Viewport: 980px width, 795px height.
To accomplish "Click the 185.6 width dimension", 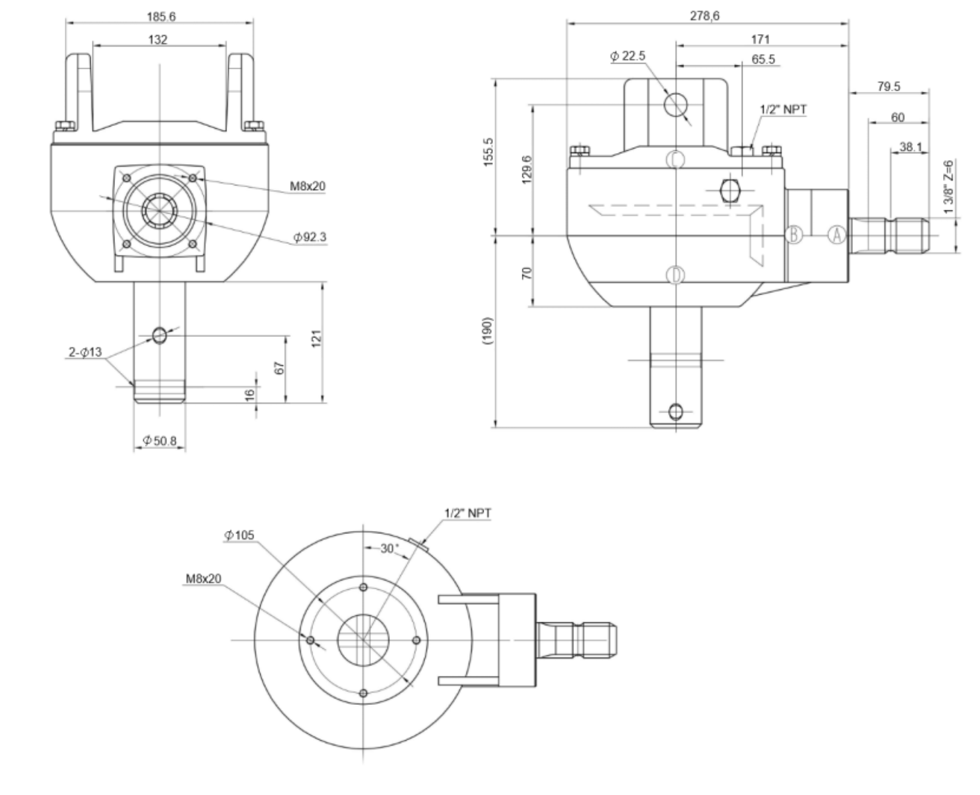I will [x=161, y=17].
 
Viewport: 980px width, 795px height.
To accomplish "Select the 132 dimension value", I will [x=158, y=39].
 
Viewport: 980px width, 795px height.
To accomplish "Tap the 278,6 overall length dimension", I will [x=704, y=16].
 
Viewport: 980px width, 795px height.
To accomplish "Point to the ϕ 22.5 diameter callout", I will [x=628, y=56].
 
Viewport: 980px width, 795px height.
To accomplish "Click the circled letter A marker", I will [x=837, y=235].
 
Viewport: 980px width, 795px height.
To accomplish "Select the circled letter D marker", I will [x=675, y=275].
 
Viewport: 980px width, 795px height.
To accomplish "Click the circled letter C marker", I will [x=675, y=159].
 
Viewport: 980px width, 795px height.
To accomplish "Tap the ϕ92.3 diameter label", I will [x=309, y=237].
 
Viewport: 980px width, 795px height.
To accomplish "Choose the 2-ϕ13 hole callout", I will [x=85, y=352].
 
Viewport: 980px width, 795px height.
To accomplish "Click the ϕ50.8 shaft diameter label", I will [x=159, y=441].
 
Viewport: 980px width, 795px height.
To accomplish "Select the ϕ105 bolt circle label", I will [x=239, y=535].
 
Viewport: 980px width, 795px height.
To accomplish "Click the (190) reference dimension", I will [x=488, y=330].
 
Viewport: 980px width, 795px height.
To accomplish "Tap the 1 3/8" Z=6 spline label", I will [x=948, y=187].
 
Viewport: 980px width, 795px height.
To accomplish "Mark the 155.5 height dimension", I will [x=488, y=152].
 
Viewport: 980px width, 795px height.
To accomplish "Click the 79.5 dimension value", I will [x=889, y=86].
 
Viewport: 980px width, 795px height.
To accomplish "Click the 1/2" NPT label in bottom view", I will [x=467, y=513].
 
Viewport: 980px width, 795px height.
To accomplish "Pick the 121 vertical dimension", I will [x=316, y=339].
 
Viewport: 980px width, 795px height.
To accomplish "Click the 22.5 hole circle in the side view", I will [x=675, y=105].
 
